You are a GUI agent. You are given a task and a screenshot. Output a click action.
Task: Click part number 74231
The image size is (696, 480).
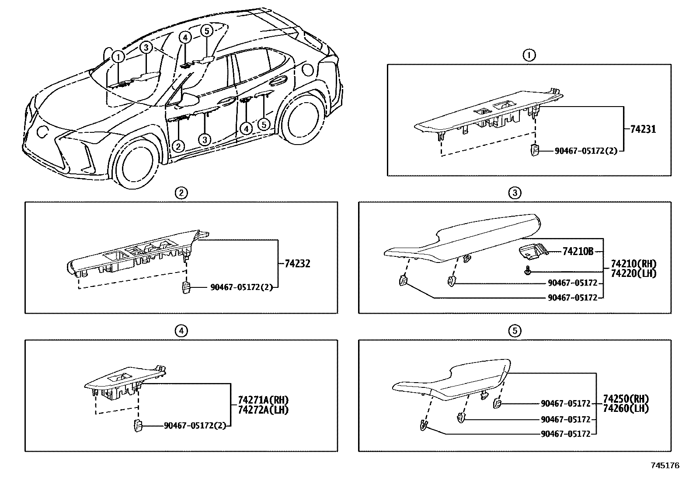(x=643, y=129)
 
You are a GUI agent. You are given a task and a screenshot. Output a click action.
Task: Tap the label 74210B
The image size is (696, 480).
(x=578, y=252)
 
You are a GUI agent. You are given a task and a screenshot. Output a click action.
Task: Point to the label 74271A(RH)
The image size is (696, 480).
(x=263, y=400)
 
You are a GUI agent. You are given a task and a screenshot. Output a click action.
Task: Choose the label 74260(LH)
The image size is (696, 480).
(x=626, y=409)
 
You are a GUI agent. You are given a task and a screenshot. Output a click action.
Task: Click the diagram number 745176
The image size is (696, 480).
(x=665, y=466)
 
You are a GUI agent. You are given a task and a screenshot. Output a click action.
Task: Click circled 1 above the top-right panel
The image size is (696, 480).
(x=529, y=55)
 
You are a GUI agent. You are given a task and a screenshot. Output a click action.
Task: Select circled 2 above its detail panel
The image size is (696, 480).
(x=181, y=193)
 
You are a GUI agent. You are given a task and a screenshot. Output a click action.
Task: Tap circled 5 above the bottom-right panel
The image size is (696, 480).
(x=515, y=332)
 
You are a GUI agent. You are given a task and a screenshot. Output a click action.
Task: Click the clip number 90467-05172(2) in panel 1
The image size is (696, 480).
(x=585, y=151)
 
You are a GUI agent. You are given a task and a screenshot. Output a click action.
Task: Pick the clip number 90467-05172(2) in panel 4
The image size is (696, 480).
(x=195, y=425)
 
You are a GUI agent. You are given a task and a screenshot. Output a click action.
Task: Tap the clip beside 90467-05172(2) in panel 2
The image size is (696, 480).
(x=186, y=288)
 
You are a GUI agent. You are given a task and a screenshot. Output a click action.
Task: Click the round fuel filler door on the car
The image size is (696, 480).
(x=309, y=70)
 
